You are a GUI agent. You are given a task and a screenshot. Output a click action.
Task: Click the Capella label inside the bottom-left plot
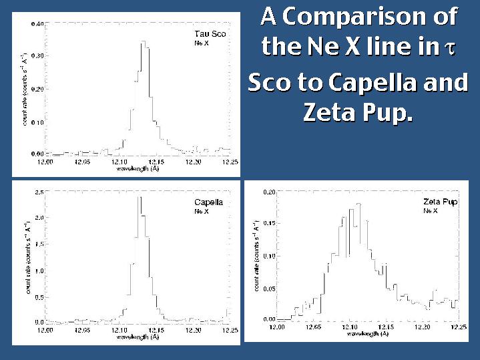click(x=208, y=202)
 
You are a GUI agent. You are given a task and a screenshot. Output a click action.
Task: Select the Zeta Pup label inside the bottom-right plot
click(x=440, y=202)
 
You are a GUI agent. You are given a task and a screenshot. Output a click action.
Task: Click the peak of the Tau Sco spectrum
click(x=142, y=43)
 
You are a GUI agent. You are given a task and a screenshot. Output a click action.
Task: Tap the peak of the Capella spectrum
click(x=138, y=198)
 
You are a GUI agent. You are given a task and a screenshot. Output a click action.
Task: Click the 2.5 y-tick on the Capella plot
click(x=39, y=192)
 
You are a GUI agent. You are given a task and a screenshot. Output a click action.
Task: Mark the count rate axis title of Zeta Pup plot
click(x=256, y=255)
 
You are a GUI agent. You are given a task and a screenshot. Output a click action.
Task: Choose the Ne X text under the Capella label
click(x=199, y=211)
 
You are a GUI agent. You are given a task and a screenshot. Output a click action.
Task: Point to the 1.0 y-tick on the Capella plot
click(x=39, y=271)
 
